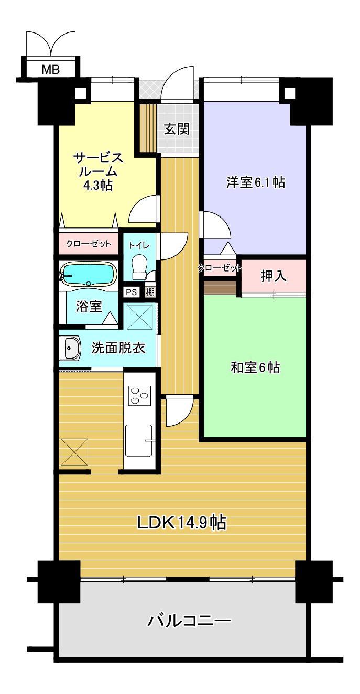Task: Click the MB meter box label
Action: click(51, 69)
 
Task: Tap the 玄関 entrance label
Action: click(177, 129)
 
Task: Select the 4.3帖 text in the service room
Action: click(97, 185)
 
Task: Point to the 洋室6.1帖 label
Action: click(256, 182)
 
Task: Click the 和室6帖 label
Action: click(255, 367)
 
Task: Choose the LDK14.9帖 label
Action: click(182, 523)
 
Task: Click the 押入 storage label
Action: click(274, 276)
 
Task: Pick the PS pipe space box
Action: click(132, 292)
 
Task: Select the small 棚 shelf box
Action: click(150, 292)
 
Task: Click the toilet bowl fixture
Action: click(139, 267)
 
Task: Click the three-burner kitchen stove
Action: click(139, 395)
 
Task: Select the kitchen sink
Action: click(138, 440)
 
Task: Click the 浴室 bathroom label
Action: click(89, 306)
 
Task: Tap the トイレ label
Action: click(139, 246)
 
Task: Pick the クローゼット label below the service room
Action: click(89, 244)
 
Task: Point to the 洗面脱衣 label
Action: click(118, 348)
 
